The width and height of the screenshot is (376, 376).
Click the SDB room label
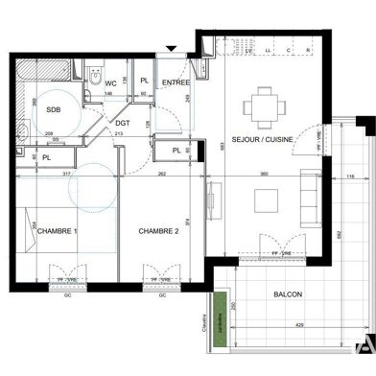point(53,110)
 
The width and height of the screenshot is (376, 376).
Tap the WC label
point(112,82)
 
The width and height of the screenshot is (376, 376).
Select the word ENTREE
point(175,83)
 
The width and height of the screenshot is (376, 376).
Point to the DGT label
point(123,123)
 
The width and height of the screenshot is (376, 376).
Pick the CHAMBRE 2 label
point(159,231)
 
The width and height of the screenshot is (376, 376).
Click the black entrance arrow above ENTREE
point(171,49)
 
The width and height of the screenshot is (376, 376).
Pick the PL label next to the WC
point(144,82)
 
